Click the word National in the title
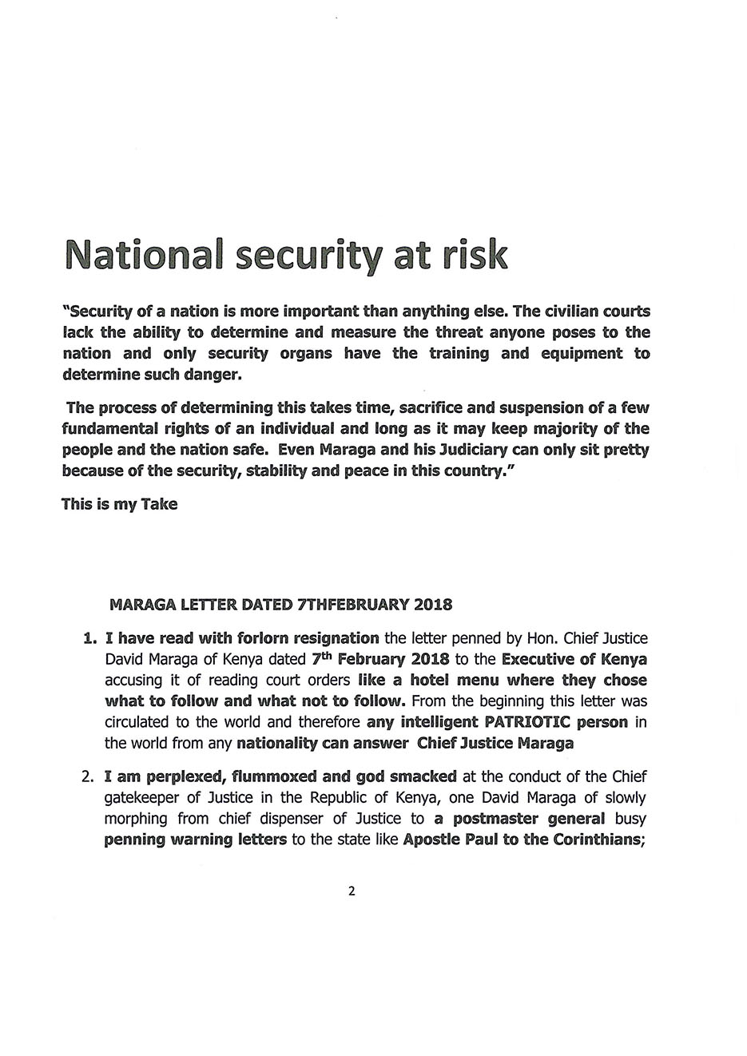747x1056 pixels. [x=145, y=254]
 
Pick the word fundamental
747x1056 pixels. [x=113, y=429]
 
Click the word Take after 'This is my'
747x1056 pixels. [x=159, y=504]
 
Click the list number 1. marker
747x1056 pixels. [x=89, y=638]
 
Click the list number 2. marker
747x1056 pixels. [x=89, y=776]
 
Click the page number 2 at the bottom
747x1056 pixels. [x=352, y=891]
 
